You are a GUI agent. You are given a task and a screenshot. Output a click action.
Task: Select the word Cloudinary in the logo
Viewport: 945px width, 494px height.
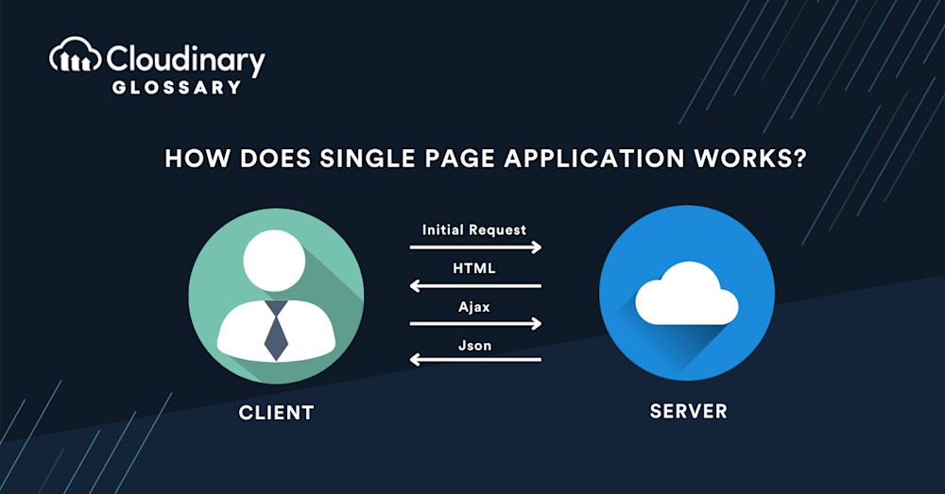click(185, 60)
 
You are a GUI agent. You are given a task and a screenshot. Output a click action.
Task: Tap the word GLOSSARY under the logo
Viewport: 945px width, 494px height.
click(175, 87)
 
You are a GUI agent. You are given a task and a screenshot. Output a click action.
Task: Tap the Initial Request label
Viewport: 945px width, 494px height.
click(474, 230)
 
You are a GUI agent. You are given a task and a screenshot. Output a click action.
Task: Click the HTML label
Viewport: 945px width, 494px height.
click(474, 268)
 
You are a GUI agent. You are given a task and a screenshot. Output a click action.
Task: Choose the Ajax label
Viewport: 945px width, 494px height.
click(474, 307)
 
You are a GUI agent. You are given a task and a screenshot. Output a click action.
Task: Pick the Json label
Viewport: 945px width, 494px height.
click(474, 345)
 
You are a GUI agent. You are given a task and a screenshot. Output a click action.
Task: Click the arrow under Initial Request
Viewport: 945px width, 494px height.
click(475, 247)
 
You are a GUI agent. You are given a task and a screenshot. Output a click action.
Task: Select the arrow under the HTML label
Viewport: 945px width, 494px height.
click(475, 285)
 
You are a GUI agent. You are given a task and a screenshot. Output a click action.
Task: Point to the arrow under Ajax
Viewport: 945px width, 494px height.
click(475, 324)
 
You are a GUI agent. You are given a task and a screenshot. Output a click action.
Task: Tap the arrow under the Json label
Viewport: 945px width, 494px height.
click(475, 359)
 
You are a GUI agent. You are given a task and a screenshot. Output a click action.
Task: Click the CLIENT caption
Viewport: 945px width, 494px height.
click(276, 412)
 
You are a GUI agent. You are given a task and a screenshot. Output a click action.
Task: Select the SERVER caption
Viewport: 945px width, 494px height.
click(689, 411)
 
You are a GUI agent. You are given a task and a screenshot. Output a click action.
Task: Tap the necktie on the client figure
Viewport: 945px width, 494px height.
click(276, 330)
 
